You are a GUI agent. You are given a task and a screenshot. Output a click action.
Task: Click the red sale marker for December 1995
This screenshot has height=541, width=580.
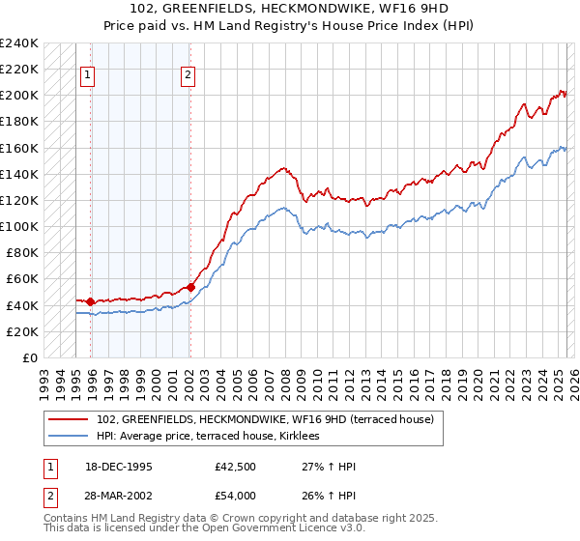[90, 301]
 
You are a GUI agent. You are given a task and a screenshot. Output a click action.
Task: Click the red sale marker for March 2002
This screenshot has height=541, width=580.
[190, 287]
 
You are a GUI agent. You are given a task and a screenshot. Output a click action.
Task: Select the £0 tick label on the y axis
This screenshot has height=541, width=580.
[30, 357]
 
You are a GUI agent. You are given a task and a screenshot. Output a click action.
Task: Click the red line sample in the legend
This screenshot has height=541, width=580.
[69, 419]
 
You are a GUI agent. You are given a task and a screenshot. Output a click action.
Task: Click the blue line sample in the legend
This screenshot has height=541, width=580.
[69, 436]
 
